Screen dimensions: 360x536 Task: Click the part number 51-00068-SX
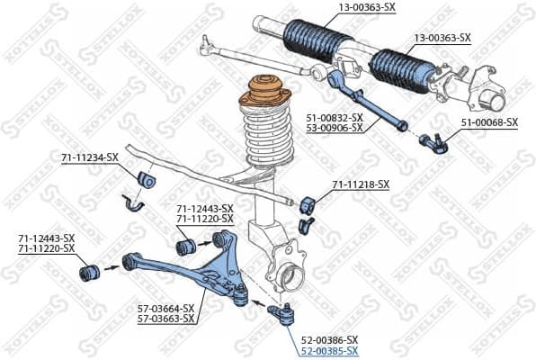click(489, 121)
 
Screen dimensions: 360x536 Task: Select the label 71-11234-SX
click(89, 157)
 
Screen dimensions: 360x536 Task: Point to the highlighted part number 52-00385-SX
click(328, 351)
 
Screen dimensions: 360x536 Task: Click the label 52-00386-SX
click(328, 340)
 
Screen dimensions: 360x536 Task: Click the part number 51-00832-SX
click(333, 117)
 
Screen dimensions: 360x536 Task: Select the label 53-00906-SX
click(333, 128)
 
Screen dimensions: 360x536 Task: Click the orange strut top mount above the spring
click(265, 95)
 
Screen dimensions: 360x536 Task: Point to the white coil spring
click(268, 139)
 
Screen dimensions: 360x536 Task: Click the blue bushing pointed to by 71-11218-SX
click(311, 202)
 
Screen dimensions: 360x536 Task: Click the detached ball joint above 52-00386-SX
click(284, 315)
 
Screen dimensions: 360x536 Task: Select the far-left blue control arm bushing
click(90, 270)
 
